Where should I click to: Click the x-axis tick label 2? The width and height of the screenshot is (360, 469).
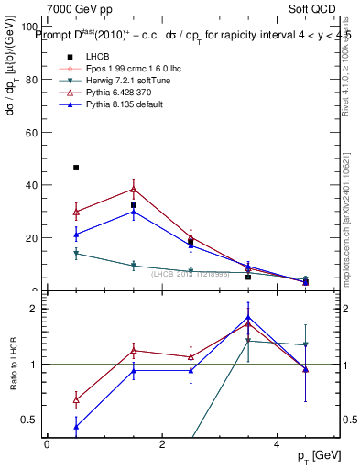pyautogui.click(x=162, y=443)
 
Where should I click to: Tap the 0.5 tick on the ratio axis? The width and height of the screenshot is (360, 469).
pyautogui.click(x=29, y=420)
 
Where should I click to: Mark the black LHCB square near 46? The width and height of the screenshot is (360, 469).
pyautogui.click(x=76, y=168)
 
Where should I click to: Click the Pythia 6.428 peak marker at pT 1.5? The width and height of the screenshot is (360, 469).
pyautogui.click(x=134, y=190)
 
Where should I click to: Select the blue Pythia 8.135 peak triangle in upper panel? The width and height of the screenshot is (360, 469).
pyautogui.click(x=134, y=212)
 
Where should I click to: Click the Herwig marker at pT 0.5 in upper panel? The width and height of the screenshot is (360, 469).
pyautogui.click(x=76, y=254)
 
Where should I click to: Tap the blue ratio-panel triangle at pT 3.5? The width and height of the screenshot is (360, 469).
pyautogui.click(x=248, y=318)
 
